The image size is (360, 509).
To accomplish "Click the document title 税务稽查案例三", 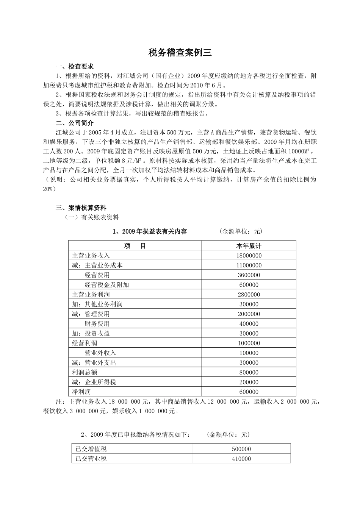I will (x=180, y=53).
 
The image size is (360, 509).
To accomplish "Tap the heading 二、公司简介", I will (x=74, y=123).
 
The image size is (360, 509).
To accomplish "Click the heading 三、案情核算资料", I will (x=81, y=208).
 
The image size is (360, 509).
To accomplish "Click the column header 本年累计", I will (x=249, y=246).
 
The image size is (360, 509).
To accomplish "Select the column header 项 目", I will (x=135, y=246).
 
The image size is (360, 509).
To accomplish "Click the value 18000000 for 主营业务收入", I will (x=249, y=256).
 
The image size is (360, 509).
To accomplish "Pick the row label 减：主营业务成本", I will (x=97, y=265).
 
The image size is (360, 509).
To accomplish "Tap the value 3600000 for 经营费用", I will (x=249, y=275).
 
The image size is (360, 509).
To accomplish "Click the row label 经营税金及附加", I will (x=107, y=285).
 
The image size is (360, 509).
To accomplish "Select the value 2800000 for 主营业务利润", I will (x=249, y=295).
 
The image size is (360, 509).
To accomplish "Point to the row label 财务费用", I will (x=97, y=324).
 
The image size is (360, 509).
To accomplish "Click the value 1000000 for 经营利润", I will (x=249, y=343).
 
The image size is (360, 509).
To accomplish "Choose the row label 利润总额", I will (x=85, y=372).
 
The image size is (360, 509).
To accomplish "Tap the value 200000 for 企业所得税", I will (x=249, y=382).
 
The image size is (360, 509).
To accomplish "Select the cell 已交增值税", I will (x=91, y=449).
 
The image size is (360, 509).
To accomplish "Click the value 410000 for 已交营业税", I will (x=241, y=459).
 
